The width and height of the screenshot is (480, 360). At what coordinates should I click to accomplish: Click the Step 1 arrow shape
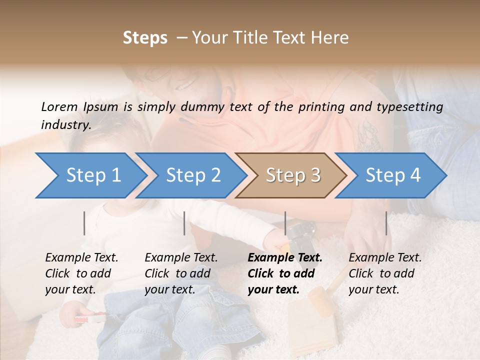[93, 175]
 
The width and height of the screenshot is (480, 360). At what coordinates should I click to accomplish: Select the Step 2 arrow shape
[193, 175]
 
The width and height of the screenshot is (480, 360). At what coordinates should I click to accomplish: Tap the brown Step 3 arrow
[293, 175]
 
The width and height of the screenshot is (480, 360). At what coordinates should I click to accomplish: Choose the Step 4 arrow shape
[393, 175]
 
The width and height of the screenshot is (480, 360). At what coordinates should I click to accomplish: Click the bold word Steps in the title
[145, 38]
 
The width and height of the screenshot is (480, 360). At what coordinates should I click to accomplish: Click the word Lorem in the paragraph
[59, 106]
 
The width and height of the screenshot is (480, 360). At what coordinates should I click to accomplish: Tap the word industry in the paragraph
[65, 125]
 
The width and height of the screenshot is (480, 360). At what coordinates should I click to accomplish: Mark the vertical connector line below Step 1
[84, 223]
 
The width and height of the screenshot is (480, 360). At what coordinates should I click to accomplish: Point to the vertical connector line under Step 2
[184, 223]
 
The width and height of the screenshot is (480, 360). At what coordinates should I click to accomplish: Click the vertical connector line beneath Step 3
[285, 223]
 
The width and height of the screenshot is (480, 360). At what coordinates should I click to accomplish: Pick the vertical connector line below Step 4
[386, 223]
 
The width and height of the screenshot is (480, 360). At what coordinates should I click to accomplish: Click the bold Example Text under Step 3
[285, 258]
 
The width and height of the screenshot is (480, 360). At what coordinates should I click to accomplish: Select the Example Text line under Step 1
[81, 258]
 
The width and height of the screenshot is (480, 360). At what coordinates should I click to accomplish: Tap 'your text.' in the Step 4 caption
[373, 289]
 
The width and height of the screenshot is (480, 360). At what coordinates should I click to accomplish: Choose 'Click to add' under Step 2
[177, 274]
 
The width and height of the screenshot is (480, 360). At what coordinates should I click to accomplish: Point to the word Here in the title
[331, 38]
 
